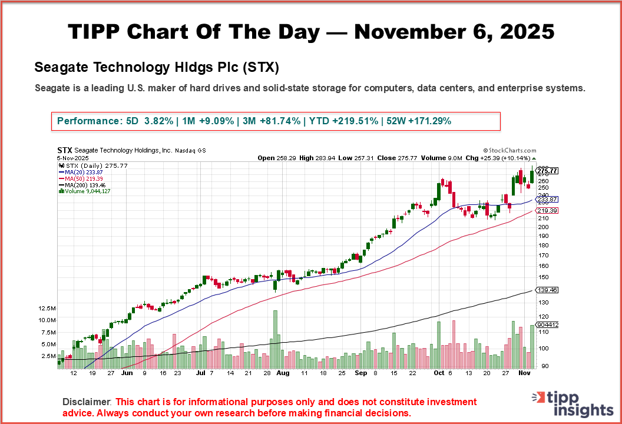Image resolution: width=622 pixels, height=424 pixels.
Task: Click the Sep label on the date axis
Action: coord(361,373)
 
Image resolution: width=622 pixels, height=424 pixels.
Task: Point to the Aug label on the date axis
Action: coord(283,373)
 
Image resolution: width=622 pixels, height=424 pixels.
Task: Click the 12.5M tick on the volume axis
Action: coord(47,309)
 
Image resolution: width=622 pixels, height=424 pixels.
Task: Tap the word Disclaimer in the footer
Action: coord(87,402)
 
